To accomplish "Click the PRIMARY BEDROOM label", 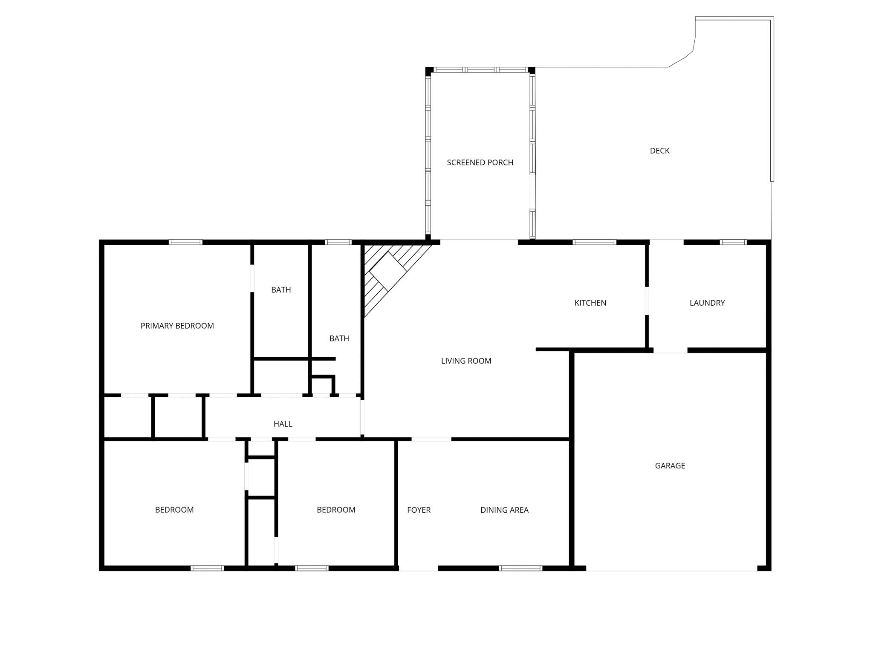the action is [177, 326].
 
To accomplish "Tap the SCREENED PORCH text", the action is [480, 162].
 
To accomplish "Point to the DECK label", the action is [659, 150].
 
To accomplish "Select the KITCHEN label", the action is [590, 303].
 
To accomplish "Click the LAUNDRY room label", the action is [707, 303].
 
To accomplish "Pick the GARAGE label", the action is [670, 465].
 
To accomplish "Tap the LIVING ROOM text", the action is [466, 361].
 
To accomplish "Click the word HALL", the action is [283, 424].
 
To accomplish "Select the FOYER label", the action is [419, 510].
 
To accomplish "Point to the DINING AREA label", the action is [504, 510].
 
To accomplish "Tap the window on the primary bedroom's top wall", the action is [185, 242].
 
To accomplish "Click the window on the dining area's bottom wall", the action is [520, 568].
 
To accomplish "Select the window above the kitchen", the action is [594, 242].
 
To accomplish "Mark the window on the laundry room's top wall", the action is [733, 242].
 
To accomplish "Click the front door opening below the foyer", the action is [418, 568].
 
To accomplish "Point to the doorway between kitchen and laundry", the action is [647, 301].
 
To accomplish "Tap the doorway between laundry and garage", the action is [671, 350].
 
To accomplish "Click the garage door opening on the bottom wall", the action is [672, 568].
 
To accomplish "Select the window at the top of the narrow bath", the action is [338, 242].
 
